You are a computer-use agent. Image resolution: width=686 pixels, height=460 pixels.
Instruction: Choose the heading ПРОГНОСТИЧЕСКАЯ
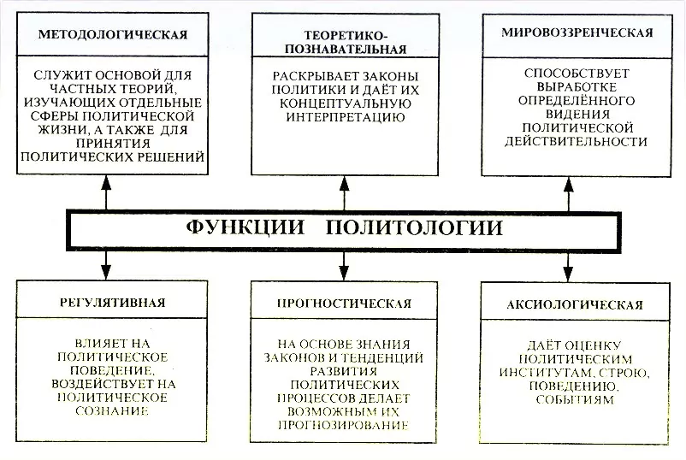point(345,303)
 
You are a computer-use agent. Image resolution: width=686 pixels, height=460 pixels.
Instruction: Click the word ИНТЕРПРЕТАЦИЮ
point(343,116)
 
